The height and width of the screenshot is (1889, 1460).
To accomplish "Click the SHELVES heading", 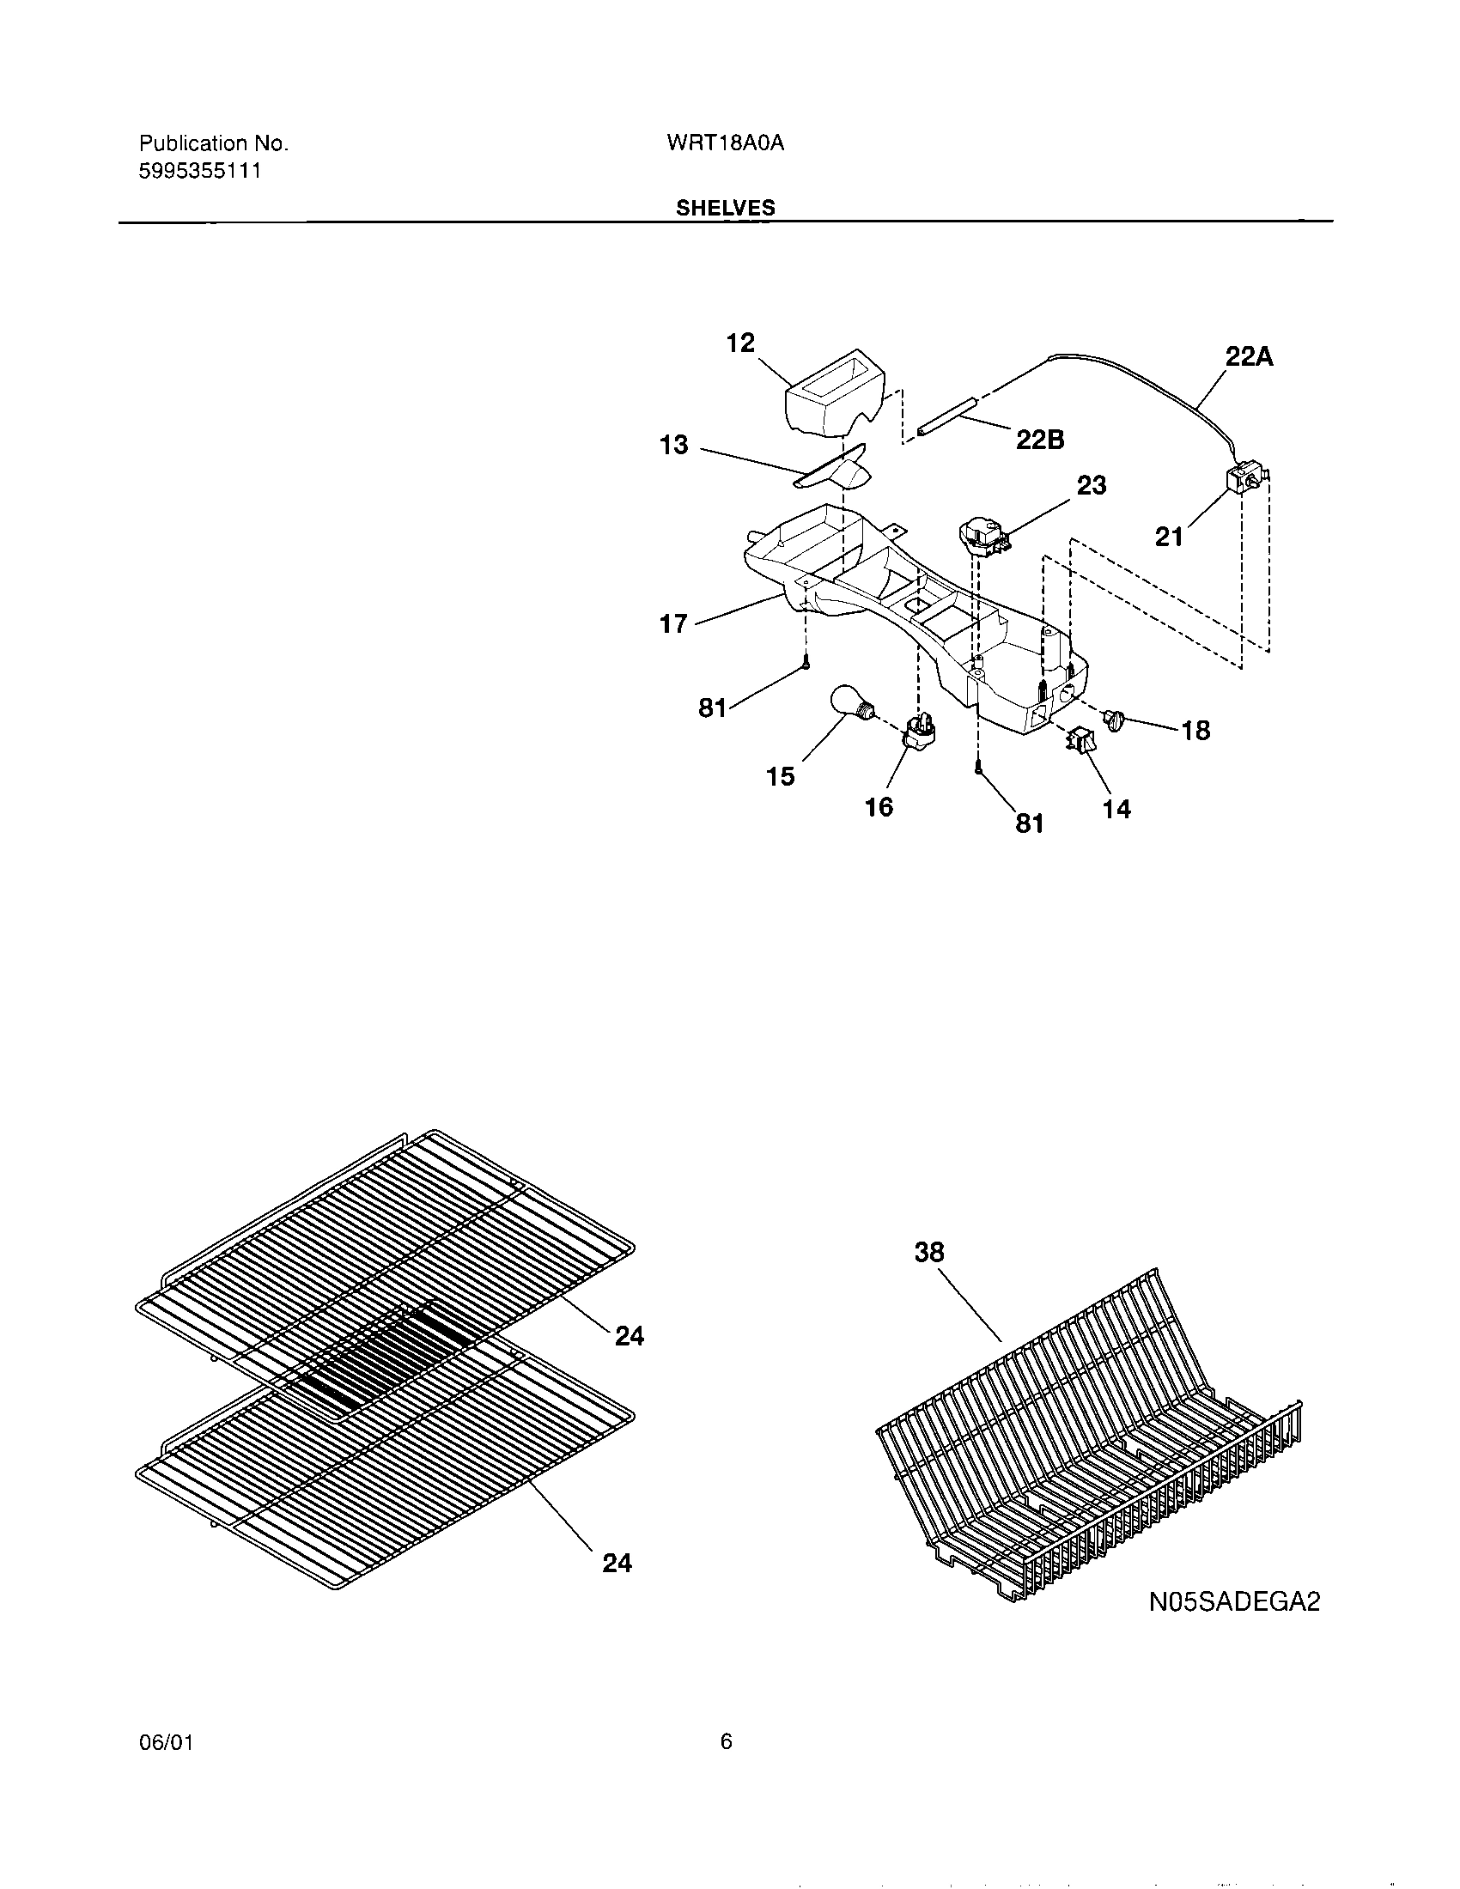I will tap(725, 208).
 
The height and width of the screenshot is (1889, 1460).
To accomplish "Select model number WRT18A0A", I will tap(725, 143).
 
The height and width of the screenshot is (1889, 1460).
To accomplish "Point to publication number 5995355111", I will tap(200, 171).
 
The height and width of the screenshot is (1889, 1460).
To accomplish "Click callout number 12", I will tap(739, 343).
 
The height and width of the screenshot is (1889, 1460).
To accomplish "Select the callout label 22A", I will tap(1249, 356).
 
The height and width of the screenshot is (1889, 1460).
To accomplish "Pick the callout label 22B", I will tap(1040, 440).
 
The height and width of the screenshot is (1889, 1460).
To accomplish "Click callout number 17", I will tap(673, 623).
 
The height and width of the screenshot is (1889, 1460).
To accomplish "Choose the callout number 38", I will tap(929, 1252).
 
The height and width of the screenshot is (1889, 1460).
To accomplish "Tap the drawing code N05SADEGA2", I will tap(1234, 1602).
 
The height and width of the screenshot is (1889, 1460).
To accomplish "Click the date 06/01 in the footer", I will tap(165, 1742).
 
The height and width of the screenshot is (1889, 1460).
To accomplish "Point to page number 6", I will tap(726, 1741).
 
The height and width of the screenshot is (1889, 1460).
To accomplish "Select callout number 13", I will tap(673, 445).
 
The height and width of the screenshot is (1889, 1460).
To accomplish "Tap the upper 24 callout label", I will tap(629, 1336).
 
